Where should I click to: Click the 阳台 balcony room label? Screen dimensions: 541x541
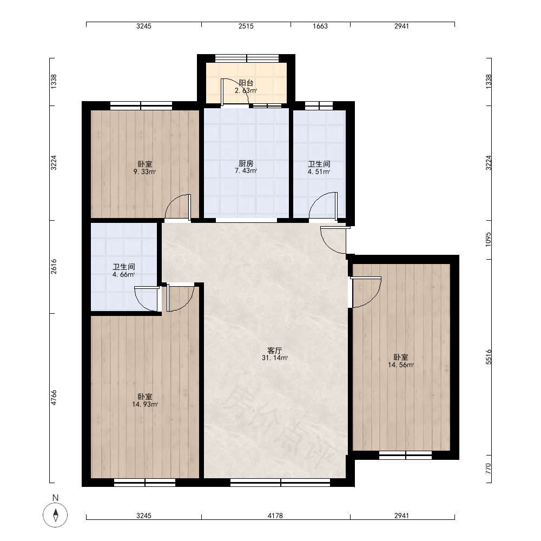[246, 83]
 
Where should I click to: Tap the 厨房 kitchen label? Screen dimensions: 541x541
[246, 163]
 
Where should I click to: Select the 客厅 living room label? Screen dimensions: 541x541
[275, 351]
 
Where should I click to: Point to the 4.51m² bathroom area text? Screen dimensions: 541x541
[319, 172]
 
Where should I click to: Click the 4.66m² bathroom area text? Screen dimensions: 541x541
[123, 275]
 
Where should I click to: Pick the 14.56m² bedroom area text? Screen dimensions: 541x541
[401, 365]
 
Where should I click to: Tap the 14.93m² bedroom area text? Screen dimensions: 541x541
[145, 404]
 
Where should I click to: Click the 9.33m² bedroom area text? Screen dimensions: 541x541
[145, 172]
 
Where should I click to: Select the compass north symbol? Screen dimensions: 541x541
[55, 515]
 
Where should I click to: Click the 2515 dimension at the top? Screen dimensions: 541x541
[246, 26]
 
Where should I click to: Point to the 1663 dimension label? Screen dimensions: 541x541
[320, 26]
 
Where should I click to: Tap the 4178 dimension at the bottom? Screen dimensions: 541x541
[275, 516]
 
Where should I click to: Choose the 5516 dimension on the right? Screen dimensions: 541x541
[488, 357]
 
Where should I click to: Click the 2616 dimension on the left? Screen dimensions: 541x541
[54, 267]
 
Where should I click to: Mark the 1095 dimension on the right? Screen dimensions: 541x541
[488, 239]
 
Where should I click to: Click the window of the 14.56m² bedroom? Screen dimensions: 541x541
[405, 455]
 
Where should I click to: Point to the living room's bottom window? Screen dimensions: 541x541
[280, 483]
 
